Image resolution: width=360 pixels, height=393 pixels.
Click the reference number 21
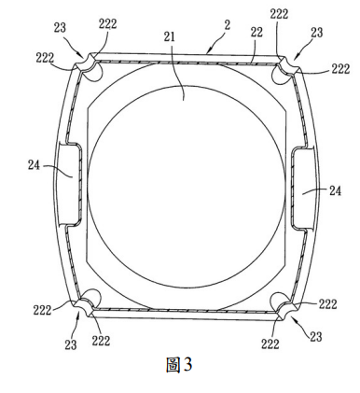[170, 37]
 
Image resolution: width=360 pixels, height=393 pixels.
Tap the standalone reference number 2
[228, 25]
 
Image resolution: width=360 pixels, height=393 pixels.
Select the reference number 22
[256, 32]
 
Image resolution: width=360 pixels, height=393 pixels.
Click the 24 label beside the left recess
[34, 165]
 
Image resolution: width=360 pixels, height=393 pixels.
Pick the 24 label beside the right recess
[335, 190]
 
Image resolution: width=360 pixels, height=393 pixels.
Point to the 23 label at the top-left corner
[60, 27]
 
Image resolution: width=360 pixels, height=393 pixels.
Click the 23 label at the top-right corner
[316, 33]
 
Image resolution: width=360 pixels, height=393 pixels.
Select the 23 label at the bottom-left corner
[71, 344]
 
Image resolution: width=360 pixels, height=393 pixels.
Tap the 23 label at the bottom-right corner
[316, 337]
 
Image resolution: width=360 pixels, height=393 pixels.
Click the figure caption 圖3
[179, 365]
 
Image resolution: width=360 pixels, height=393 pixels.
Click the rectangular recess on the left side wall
[68, 184]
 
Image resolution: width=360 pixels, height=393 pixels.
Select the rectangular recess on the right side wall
[303, 189]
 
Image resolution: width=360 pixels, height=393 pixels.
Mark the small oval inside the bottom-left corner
[92, 297]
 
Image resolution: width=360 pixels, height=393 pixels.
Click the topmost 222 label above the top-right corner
[279, 14]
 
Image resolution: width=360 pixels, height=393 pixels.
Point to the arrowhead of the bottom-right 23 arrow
[293, 317]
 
